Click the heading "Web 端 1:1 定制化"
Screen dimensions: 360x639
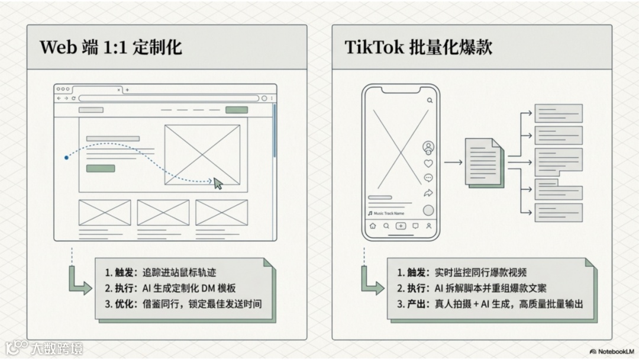(x=111, y=47)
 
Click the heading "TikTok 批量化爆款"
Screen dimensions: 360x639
(x=418, y=47)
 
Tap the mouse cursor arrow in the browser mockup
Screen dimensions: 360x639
(x=218, y=184)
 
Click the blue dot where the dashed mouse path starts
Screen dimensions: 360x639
(x=66, y=157)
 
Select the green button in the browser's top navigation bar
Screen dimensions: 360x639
(x=237, y=110)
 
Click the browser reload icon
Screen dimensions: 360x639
(x=73, y=98)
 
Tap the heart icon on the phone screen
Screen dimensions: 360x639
(x=428, y=163)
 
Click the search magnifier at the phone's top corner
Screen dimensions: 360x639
(x=430, y=101)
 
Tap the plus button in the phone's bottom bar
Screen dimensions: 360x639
(x=401, y=226)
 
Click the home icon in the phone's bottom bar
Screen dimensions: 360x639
(x=373, y=226)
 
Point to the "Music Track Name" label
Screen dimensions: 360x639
(x=389, y=213)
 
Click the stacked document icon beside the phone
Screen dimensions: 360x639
(x=485, y=162)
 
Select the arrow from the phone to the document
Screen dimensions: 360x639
(x=453, y=161)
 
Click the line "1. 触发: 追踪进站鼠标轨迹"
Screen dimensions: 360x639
(x=160, y=272)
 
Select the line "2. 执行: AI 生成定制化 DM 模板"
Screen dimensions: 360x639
(x=170, y=288)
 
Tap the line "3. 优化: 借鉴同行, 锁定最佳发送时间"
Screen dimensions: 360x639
(x=183, y=304)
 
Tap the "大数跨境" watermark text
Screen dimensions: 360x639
(x=56, y=348)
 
